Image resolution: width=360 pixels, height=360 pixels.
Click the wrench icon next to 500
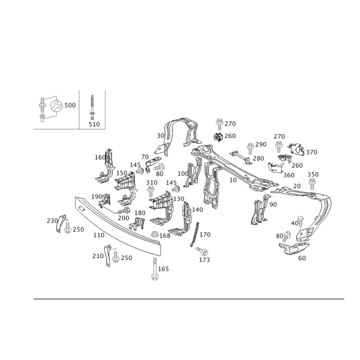56,106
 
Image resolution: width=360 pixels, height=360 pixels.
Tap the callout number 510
94,124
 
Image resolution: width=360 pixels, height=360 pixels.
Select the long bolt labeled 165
154,269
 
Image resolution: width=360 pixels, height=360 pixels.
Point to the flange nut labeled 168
155,234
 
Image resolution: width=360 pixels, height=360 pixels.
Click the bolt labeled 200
124,210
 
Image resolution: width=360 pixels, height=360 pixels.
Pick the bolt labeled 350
311,184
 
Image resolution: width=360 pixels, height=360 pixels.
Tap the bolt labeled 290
250,148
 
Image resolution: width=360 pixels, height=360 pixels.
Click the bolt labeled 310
151,192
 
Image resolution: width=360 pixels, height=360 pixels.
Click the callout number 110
99,235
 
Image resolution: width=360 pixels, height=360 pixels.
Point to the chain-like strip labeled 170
194,234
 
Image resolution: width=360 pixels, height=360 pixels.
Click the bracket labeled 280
241,157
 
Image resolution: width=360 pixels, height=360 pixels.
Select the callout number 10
233,180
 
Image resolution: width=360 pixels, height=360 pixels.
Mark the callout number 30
161,136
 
